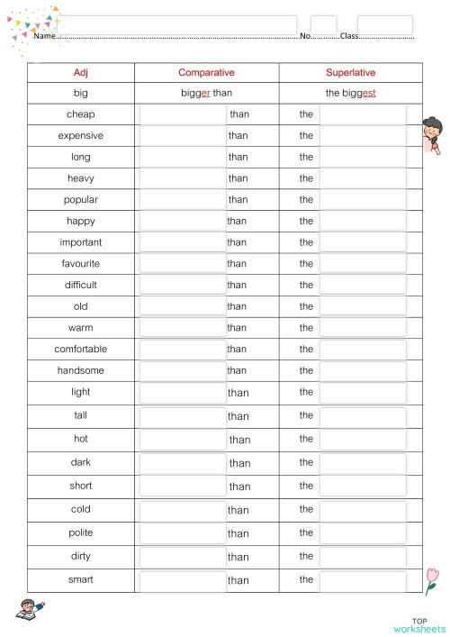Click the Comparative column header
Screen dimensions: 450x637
[207, 72]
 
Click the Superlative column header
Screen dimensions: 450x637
[350, 72]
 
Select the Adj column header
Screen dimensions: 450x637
[81, 72]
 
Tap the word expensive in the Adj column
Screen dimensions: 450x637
[81, 136]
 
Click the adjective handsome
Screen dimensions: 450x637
[81, 370]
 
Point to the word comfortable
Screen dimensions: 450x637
[81, 349]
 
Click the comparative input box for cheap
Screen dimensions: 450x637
[183, 114]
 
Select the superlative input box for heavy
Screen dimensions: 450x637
[363, 178]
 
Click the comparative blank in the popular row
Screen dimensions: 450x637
[183, 200]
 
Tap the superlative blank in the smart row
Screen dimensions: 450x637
[363, 580]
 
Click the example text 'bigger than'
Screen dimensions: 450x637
[207, 93]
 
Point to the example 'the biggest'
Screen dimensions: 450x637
[350, 93]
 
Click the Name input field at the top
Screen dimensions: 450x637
[177, 25]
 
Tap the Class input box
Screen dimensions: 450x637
[384, 25]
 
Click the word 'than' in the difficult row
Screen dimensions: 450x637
[237, 285]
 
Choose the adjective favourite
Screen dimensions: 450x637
[81, 264]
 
